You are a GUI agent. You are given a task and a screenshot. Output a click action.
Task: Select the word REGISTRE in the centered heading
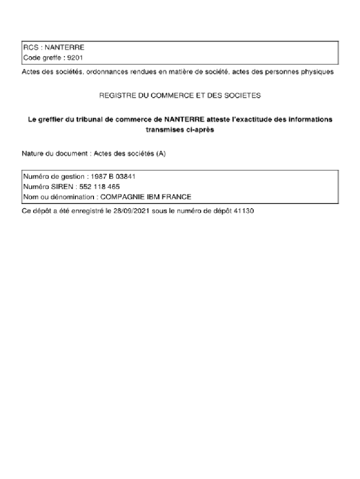tap(115, 95)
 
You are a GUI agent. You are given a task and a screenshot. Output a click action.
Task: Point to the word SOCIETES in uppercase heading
tap(245, 95)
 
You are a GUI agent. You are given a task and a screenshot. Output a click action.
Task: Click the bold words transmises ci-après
tap(180, 130)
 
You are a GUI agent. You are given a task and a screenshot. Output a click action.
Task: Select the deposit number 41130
tap(244, 211)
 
